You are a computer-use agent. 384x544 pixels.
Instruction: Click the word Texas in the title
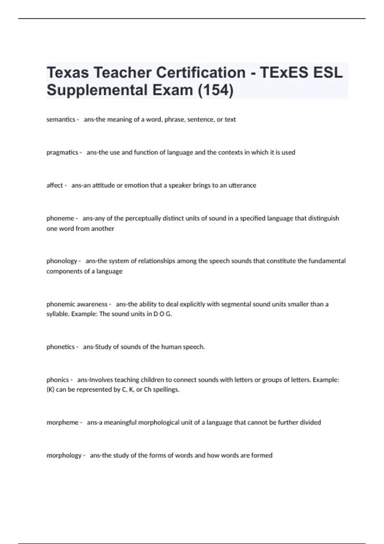coord(68,73)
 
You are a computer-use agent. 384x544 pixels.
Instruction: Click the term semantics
coord(61,119)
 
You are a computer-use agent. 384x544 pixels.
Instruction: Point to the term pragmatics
coord(62,152)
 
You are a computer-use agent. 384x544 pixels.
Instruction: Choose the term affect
coord(54,185)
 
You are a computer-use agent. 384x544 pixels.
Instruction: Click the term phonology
coord(61,261)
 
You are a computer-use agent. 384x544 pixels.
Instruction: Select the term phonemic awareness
coord(77,304)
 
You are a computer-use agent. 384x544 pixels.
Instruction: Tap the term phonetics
coord(60,347)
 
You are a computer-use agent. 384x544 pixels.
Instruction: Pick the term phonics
coord(58,380)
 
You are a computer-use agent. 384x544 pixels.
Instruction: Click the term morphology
coord(64,455)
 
